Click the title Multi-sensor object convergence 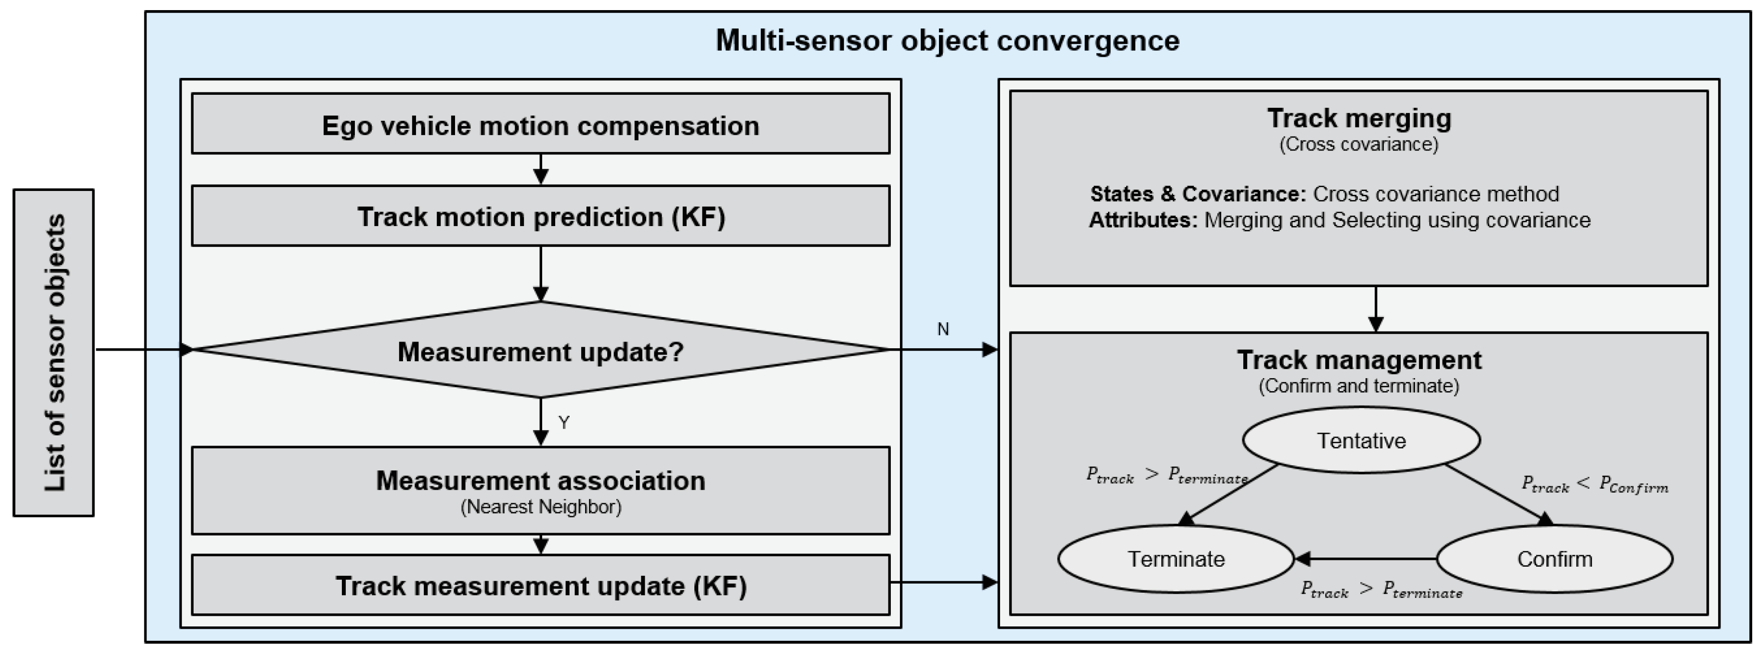click(947, 40)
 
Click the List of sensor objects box click(53, 352)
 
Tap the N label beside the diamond click(942, 329)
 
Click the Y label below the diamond click(564, 423)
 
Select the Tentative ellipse click(1360, 441)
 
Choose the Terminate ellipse click(1175, 559)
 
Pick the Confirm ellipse click(1554, 559)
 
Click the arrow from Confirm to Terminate click(1365, 559)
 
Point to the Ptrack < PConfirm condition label click(1594, 485)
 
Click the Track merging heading click(1359, 118)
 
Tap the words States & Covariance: click(1197, 194)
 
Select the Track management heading click(1359, 359)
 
